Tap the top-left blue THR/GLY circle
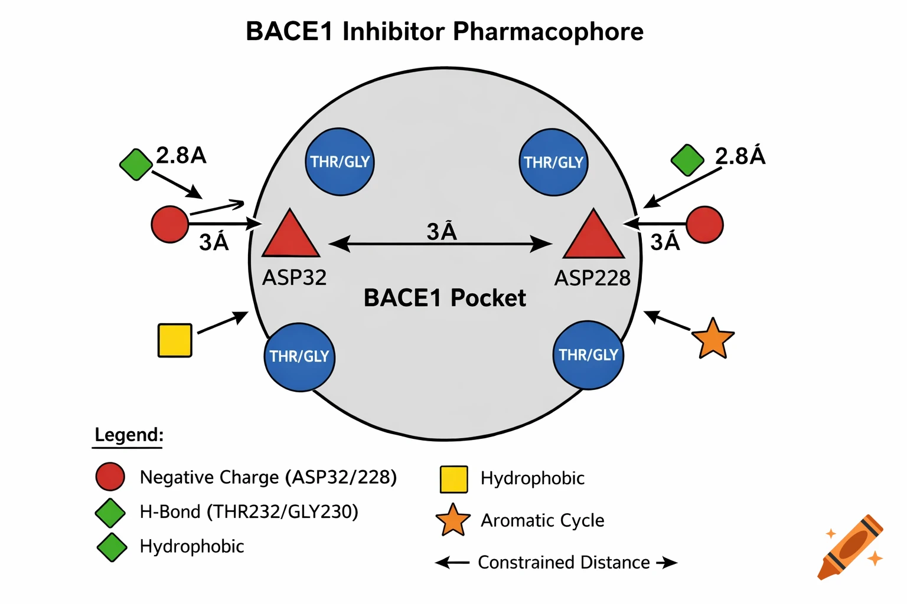coord(340,162)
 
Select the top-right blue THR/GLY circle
coord(553,162)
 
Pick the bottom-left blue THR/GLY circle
coord(299,357)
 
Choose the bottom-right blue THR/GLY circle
coord(588,355)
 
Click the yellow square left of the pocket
coord(175,340)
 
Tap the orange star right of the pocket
coord(713,339)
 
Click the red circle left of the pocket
coord(170,224)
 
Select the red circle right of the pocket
coord(705,224)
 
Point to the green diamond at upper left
coord(136,165)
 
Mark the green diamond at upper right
coord(688,160)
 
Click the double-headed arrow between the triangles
coord(441,244)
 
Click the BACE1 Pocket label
coord(444,298)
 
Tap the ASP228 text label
coord(592,278)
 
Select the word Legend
coord(129,435)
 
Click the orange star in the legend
coord(453,520)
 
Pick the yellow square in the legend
coord(453,479)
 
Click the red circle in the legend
coord(110,477)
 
